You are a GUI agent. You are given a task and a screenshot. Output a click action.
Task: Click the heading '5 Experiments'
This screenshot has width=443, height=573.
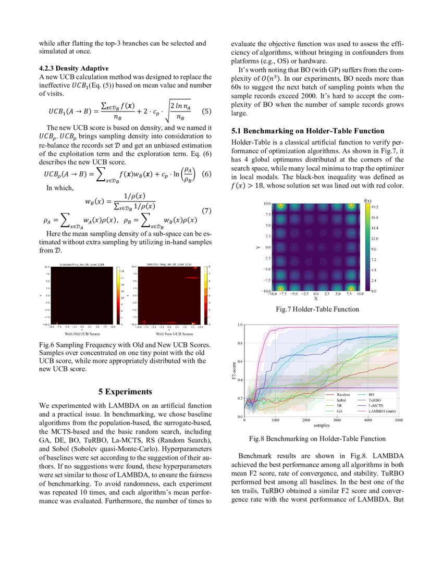[125, 391]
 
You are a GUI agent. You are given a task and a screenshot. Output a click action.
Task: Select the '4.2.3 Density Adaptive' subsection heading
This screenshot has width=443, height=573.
[74, 68]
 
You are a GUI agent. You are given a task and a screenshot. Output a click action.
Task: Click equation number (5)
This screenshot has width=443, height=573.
[206, 111]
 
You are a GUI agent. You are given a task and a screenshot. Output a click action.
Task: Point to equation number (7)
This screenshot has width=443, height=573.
[206, 211]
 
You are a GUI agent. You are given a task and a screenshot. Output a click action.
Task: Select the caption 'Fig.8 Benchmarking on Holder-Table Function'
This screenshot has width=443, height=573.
[317, 439]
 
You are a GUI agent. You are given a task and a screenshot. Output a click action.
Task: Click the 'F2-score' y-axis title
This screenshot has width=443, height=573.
[234, 371]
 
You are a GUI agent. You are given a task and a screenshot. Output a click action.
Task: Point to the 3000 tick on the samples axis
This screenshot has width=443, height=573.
[337, 420]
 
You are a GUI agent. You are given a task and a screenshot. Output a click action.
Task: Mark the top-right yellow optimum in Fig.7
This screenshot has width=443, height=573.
[351, 206]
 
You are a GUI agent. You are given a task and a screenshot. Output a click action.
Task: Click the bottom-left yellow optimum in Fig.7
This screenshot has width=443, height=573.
[281, 289]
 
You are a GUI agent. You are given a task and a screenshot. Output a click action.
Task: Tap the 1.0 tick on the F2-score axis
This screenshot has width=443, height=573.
[240, 325]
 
